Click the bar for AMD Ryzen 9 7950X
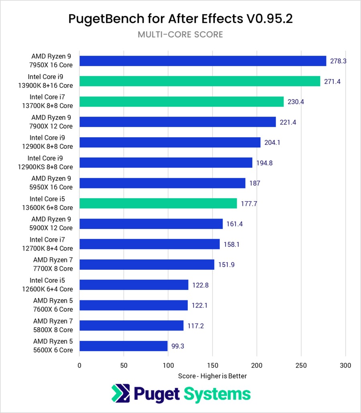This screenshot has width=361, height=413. (203, 61)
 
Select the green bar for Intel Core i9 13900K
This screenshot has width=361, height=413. (200, 81)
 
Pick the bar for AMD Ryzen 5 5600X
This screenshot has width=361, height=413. (124, 346)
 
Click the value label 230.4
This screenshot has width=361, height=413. (296, 102)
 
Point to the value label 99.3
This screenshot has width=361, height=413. (177, 346)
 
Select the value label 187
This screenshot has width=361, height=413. (255, 183)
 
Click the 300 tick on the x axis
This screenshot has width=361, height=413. (345, 365)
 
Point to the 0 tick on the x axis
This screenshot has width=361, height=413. (79, 365)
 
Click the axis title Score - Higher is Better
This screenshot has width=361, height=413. (212, 376)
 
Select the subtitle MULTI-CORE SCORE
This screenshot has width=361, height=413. (180, 34)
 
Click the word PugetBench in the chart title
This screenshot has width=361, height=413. (105, 19)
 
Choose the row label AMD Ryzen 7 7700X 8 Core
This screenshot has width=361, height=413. (53, 264)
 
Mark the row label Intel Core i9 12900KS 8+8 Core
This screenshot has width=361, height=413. (50, 163)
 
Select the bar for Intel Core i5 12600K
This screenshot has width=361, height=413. (134, 285)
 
